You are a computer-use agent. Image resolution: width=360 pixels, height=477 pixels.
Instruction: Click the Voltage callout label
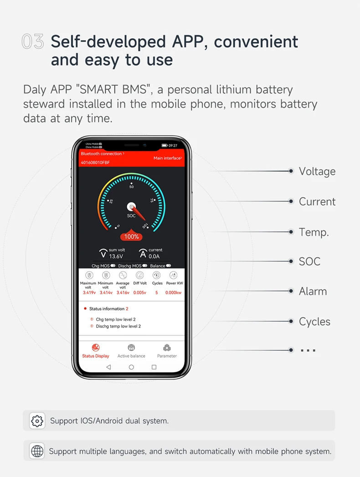coord(317,171)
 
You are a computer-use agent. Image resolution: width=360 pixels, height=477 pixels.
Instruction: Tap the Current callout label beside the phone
coord(317,201)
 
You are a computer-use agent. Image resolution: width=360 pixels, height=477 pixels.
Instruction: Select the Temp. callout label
coord(314,232)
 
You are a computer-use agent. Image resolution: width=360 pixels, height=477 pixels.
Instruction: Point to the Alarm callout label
coord(313,291)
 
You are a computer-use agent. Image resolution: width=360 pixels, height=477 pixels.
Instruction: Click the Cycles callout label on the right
coord(314,321)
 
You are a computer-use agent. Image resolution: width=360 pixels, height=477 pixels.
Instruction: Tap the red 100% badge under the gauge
coord(131,236)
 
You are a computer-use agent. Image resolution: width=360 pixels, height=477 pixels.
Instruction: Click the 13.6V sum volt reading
coord(116,256)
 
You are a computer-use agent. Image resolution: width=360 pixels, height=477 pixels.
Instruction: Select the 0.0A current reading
coord(154,256)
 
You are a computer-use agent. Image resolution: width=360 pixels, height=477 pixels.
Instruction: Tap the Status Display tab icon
coord(96,348)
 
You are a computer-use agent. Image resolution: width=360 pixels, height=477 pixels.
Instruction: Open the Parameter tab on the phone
coord(167,351)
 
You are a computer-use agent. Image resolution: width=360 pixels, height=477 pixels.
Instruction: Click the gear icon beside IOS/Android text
coord(37,421)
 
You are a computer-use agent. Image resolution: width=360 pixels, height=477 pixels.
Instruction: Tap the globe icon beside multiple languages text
coord(37,451)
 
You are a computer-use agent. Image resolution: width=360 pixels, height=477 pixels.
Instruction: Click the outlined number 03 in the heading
coord(33,41)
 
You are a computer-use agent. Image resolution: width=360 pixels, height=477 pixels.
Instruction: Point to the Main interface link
coord(167,158)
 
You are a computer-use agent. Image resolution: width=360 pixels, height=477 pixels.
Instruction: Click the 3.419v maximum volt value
coord(89,292)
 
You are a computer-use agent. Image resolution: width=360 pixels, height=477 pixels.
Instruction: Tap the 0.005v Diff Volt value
coord(140,292)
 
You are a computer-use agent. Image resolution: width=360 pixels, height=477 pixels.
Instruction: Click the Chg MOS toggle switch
coord(113,266)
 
